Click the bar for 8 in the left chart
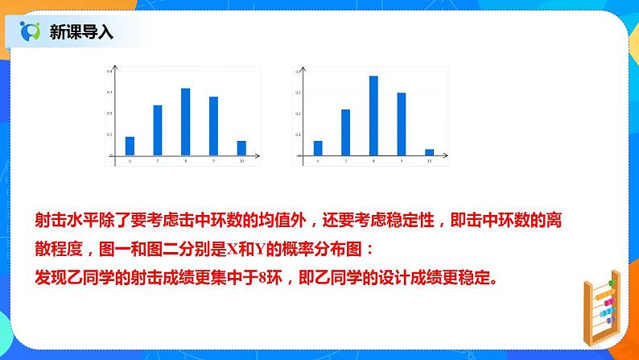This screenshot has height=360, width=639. point(185,122)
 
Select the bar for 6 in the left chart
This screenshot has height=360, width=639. point(130,146)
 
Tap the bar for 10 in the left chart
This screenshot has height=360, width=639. point(241,147)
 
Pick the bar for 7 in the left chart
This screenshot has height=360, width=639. point(158,130)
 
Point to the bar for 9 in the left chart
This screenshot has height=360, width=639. point(213,126)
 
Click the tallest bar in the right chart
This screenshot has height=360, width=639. point(373,115)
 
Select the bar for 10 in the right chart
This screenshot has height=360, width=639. point(429,151)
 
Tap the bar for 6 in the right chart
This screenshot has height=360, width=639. point(318,147)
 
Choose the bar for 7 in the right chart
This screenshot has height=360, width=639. point(345,132)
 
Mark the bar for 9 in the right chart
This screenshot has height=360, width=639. point(401,123)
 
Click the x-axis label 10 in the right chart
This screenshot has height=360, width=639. point(429,163)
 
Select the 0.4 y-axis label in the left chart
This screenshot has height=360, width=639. point(109,72)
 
